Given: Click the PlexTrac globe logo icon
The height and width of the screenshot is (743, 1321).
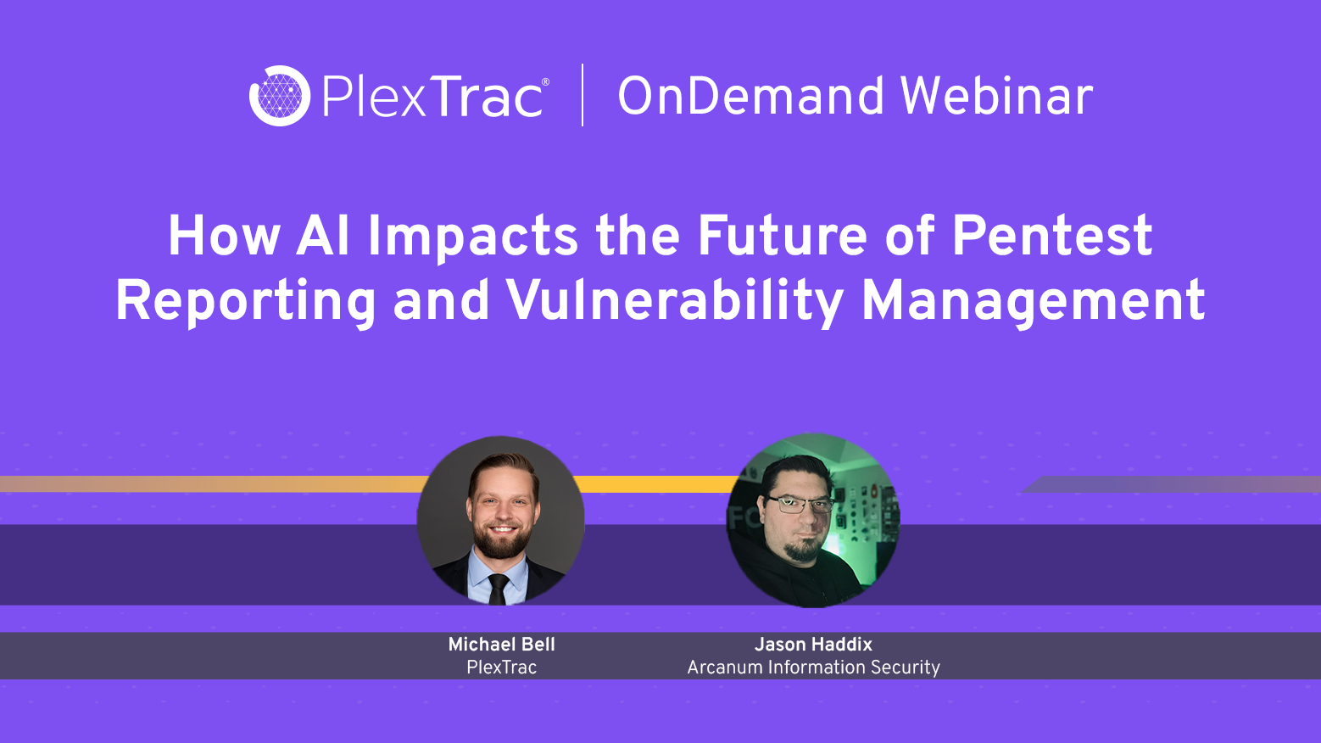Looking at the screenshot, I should tap(279, 96).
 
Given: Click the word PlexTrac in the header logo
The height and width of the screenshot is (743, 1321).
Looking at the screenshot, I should tap(432, 97).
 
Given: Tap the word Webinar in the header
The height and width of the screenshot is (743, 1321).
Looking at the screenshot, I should tap(996, 96).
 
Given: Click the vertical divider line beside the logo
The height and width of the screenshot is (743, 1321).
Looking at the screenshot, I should tap(582, 95).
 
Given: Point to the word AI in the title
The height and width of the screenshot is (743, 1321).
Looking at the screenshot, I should tap(323, 236).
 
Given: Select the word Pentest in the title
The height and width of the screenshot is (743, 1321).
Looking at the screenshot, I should tap(1051, 236).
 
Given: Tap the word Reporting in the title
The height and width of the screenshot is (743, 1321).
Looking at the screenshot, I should tap(245, 301).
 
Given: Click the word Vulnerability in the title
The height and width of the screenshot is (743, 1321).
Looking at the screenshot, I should tap(674, 301).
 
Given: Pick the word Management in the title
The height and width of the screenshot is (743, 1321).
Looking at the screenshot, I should tap(1033, 301).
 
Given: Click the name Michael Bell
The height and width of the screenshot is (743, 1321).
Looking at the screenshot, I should tap(501, 645).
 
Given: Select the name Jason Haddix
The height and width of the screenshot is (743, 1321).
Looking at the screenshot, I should tap(813, 645).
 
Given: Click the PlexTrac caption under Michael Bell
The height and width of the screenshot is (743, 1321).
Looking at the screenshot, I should tap(501, 668).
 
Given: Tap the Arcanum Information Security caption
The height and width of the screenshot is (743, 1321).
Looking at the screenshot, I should tap(813, 668).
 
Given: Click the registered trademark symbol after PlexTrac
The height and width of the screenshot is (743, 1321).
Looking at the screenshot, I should tap(545, 82).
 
